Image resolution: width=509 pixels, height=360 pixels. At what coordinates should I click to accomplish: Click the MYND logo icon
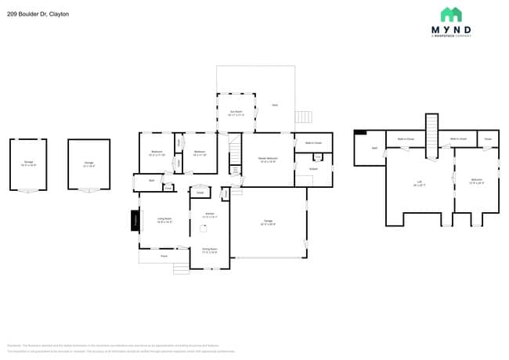tap(450, 15)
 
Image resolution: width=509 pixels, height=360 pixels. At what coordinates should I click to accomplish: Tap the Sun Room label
tap(236, 113)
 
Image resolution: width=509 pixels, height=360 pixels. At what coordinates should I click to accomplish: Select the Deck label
tap(274, 105)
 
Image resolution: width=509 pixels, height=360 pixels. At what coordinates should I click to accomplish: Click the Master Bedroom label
tap(268, 160)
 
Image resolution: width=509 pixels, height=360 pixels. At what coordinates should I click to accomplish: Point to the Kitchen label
tap(210, 215)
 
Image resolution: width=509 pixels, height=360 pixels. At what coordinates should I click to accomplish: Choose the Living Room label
tap(164, 221)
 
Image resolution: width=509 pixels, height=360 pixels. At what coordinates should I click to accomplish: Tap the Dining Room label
tap(210, 251)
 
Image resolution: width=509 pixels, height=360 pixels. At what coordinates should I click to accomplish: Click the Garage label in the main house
tap(268, 223)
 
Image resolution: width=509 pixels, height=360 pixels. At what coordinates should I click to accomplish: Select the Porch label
tap(164, 256)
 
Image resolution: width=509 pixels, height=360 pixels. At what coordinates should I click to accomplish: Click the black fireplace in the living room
tap(134, 221)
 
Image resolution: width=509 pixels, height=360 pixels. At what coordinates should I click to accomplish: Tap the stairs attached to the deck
tap(304, 117)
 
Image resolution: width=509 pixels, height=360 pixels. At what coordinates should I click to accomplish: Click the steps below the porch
tap(181, 268)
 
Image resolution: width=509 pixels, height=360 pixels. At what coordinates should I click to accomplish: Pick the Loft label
tap(419, 184)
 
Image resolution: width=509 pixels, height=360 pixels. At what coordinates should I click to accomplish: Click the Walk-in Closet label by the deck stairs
tap(313, 142)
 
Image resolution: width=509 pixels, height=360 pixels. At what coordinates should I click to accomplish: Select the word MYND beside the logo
tap(451, 31)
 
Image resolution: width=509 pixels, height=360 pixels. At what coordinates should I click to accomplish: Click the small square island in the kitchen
tap(199, 192)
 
